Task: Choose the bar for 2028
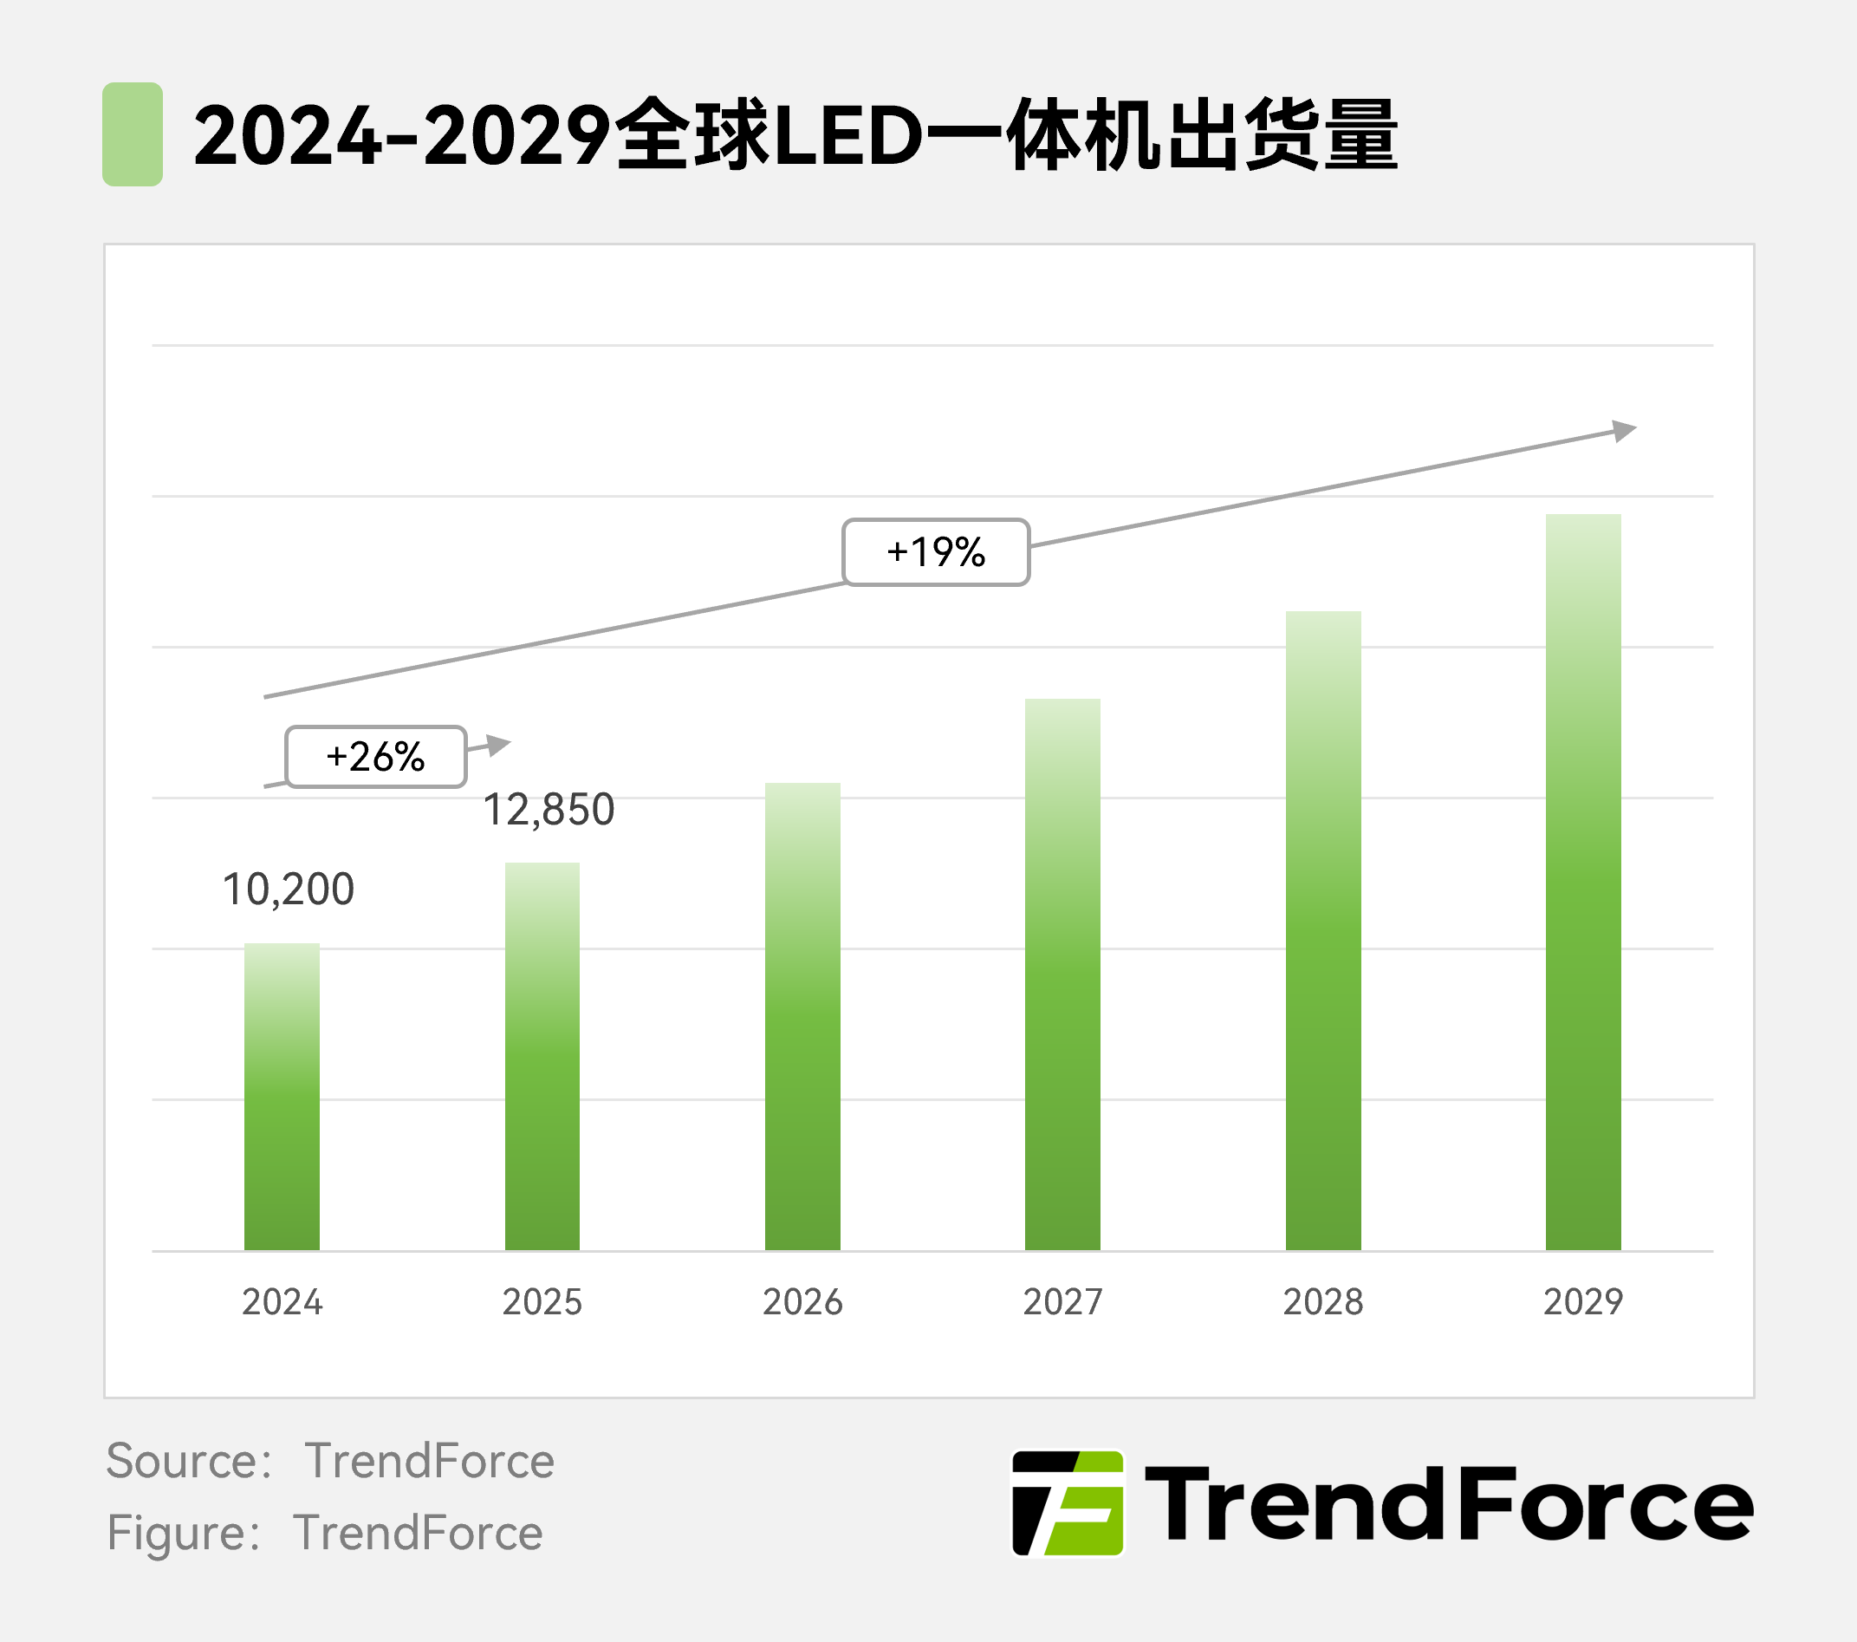(1323, 930)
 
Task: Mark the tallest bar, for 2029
(1582, 882)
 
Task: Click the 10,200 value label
(288, 889)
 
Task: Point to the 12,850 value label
(549, 810)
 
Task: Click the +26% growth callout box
(376, 756)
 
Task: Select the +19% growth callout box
(936, 552)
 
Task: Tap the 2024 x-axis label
(282, 1302)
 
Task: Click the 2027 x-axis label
(1062, 1302)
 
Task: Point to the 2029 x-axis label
(1582, 1302)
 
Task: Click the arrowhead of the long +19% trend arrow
(1626, 430)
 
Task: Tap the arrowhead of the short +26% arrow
(499, 744)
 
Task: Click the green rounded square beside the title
(133, 134)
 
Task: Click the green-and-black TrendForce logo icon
(1068, 1503)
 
